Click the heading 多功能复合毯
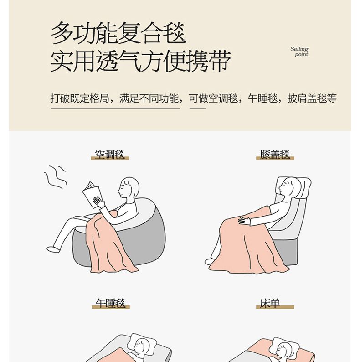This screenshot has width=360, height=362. pyautogui.click(x=118, y=33)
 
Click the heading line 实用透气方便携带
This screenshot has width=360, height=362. pyautogui.click(x=141, y=61)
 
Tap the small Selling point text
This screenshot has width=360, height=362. pyautogui.click(x=299, y=52)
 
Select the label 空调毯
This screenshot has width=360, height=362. pyautogui.click(x=110, y=155)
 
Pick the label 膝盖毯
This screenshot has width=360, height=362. pyautogui.click(x=275, y=155)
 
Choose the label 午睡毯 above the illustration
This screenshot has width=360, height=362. pyautogui.click(x=111, y=303)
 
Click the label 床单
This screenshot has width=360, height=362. pyautogui.click(x=270, y=303)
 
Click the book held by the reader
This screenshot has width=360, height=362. pyautogui.click(x=93, y=195)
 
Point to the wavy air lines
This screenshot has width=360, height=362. pyautogui.click(x=56, y=177)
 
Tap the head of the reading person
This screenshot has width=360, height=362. pyautogui.click(x=129, y=188)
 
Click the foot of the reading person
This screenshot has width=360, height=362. pyautogui.click(x=53, y=249)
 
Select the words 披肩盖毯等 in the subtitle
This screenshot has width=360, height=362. pyautogui.click(x=312, y=98)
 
